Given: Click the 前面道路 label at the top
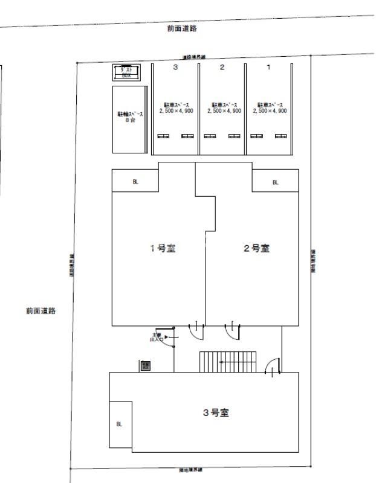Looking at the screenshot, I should point(182,28).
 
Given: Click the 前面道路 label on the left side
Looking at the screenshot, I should point(41,311).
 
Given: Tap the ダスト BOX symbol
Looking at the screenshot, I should point(127,72).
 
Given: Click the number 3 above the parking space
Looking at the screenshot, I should point(175,67).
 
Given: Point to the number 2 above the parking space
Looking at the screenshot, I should point(222,67).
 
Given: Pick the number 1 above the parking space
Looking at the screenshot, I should point(269,67).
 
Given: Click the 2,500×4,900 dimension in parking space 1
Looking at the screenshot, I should point(270,111).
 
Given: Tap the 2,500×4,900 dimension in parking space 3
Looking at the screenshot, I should point(176,111).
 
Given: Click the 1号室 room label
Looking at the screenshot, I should point(163,248).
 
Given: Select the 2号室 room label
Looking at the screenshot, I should point(256,248).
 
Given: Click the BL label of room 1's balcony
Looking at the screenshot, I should point(135,182).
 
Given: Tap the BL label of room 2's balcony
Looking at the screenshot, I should point(275,182).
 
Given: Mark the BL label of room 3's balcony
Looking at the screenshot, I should point(119,424).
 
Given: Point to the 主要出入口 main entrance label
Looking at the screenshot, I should point(157,337).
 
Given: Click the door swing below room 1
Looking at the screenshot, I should point(196,331).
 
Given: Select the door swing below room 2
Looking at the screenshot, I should point(233,331).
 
